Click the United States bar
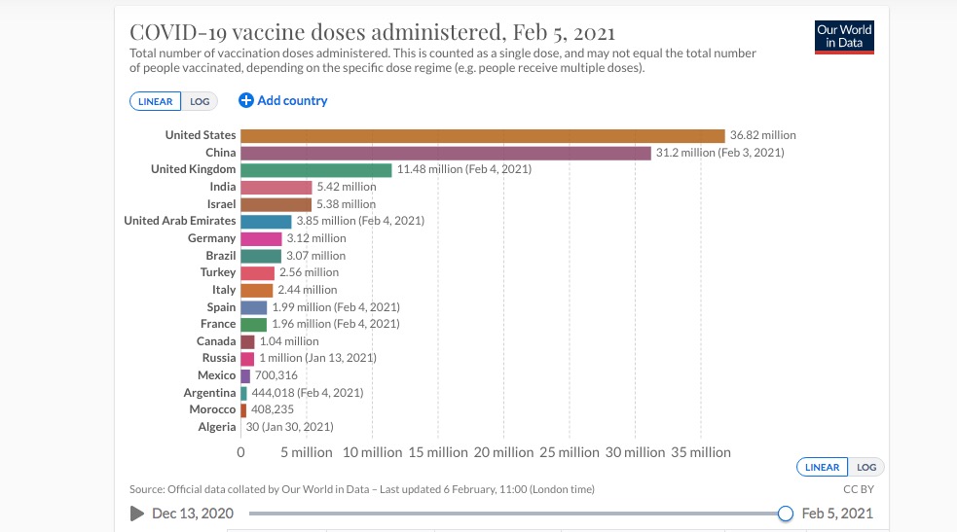point(482,135)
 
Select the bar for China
point(445,153)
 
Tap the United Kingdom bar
point(315,169)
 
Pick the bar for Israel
point(276,204)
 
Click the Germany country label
point(211,238)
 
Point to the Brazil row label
point(220,256)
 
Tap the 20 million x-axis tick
point(502,452)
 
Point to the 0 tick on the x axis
point(241,452)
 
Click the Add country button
point(283,100)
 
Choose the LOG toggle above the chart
point(200,101)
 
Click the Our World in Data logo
point(844,37)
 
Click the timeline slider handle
point(786,514)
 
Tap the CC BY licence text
point(858,489)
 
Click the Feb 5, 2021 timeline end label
point(837,514)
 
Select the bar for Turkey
point(257,272)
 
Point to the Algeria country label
point(216,427)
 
